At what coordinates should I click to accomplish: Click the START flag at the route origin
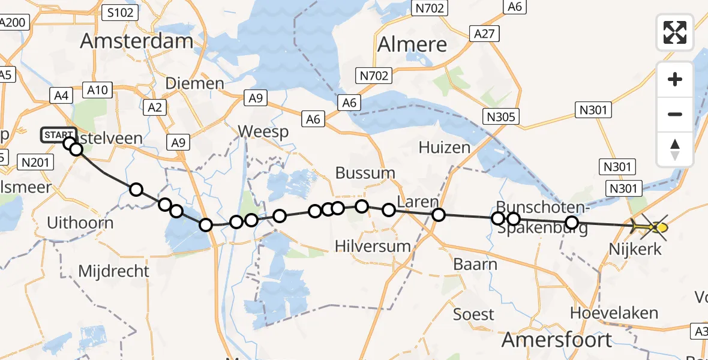coord(58,136)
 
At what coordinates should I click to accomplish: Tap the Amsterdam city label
coord(137,41)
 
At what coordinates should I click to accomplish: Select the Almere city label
coord(413,44)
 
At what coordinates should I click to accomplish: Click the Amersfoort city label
coord(557,340)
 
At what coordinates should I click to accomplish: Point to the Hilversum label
coord(373,245)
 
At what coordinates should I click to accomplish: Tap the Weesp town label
coord(263,131)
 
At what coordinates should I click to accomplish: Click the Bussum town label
coord(365,173)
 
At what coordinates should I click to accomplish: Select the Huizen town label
coord(445,147)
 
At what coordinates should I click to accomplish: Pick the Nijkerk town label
coord(635,248)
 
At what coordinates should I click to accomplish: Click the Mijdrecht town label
coord(113,271)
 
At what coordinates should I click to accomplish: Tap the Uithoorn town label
coord(80,223)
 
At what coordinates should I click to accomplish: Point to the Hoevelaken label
coord(614,313)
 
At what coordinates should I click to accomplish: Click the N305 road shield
coord(501,117)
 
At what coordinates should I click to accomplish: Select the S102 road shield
coord(121,12)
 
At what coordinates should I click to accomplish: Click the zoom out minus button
coord(675,114)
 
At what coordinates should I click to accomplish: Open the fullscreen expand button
coord(675,32)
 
